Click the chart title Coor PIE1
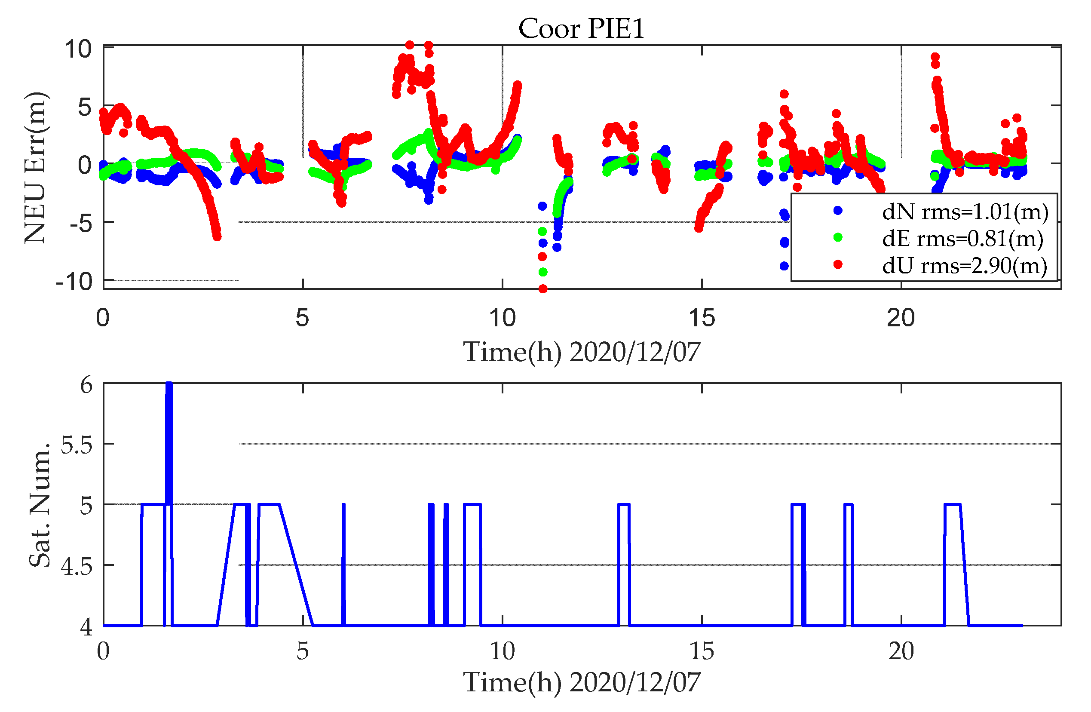(581, 29)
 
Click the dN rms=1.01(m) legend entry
(965, 212)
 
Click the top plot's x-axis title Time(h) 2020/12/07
(581, 352)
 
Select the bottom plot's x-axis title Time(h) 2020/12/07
(581, 683)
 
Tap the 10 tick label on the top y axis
(78, 49)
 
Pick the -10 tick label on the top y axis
(74, 282)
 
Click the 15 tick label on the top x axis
(702, 318)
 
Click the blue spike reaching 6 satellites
(169, 413)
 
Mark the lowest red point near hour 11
(543, 289)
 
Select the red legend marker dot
(838, 264)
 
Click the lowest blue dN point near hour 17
(784, 266)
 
